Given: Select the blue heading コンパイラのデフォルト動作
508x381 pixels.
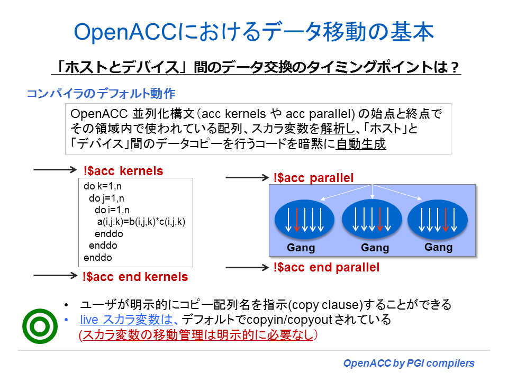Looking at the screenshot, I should tap(101, 94).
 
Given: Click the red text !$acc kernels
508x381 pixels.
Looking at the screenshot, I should tap(123, 171).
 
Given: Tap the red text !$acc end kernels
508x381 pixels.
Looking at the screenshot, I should tap(135, 276).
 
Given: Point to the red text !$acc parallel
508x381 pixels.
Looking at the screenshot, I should tap(313, 178).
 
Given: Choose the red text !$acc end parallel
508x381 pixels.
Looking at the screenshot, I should tap(326, 267).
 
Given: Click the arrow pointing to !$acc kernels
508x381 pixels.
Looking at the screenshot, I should tap(55, 170).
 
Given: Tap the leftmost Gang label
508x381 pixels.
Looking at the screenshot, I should tap(301, 248).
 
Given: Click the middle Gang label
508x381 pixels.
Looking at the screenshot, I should tap(375, 248).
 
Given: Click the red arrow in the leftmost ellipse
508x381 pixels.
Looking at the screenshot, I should tap(297, 220).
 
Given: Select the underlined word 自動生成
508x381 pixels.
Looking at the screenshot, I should tap(361, 144).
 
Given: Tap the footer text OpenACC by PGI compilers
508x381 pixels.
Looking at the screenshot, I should tap(409, 363).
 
